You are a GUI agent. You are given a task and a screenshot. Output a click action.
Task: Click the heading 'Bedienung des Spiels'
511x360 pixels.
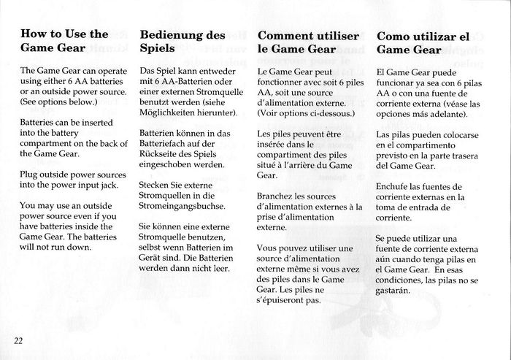point(182,42)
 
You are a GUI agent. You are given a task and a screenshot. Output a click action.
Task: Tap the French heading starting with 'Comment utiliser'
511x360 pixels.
point(297,42)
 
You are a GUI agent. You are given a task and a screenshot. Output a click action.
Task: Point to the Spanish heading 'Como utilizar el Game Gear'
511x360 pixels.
point(421,42)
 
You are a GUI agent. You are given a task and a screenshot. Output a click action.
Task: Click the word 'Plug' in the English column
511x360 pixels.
point(31,176)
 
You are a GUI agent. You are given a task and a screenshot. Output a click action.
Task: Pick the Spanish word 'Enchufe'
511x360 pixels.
point(395,186)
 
